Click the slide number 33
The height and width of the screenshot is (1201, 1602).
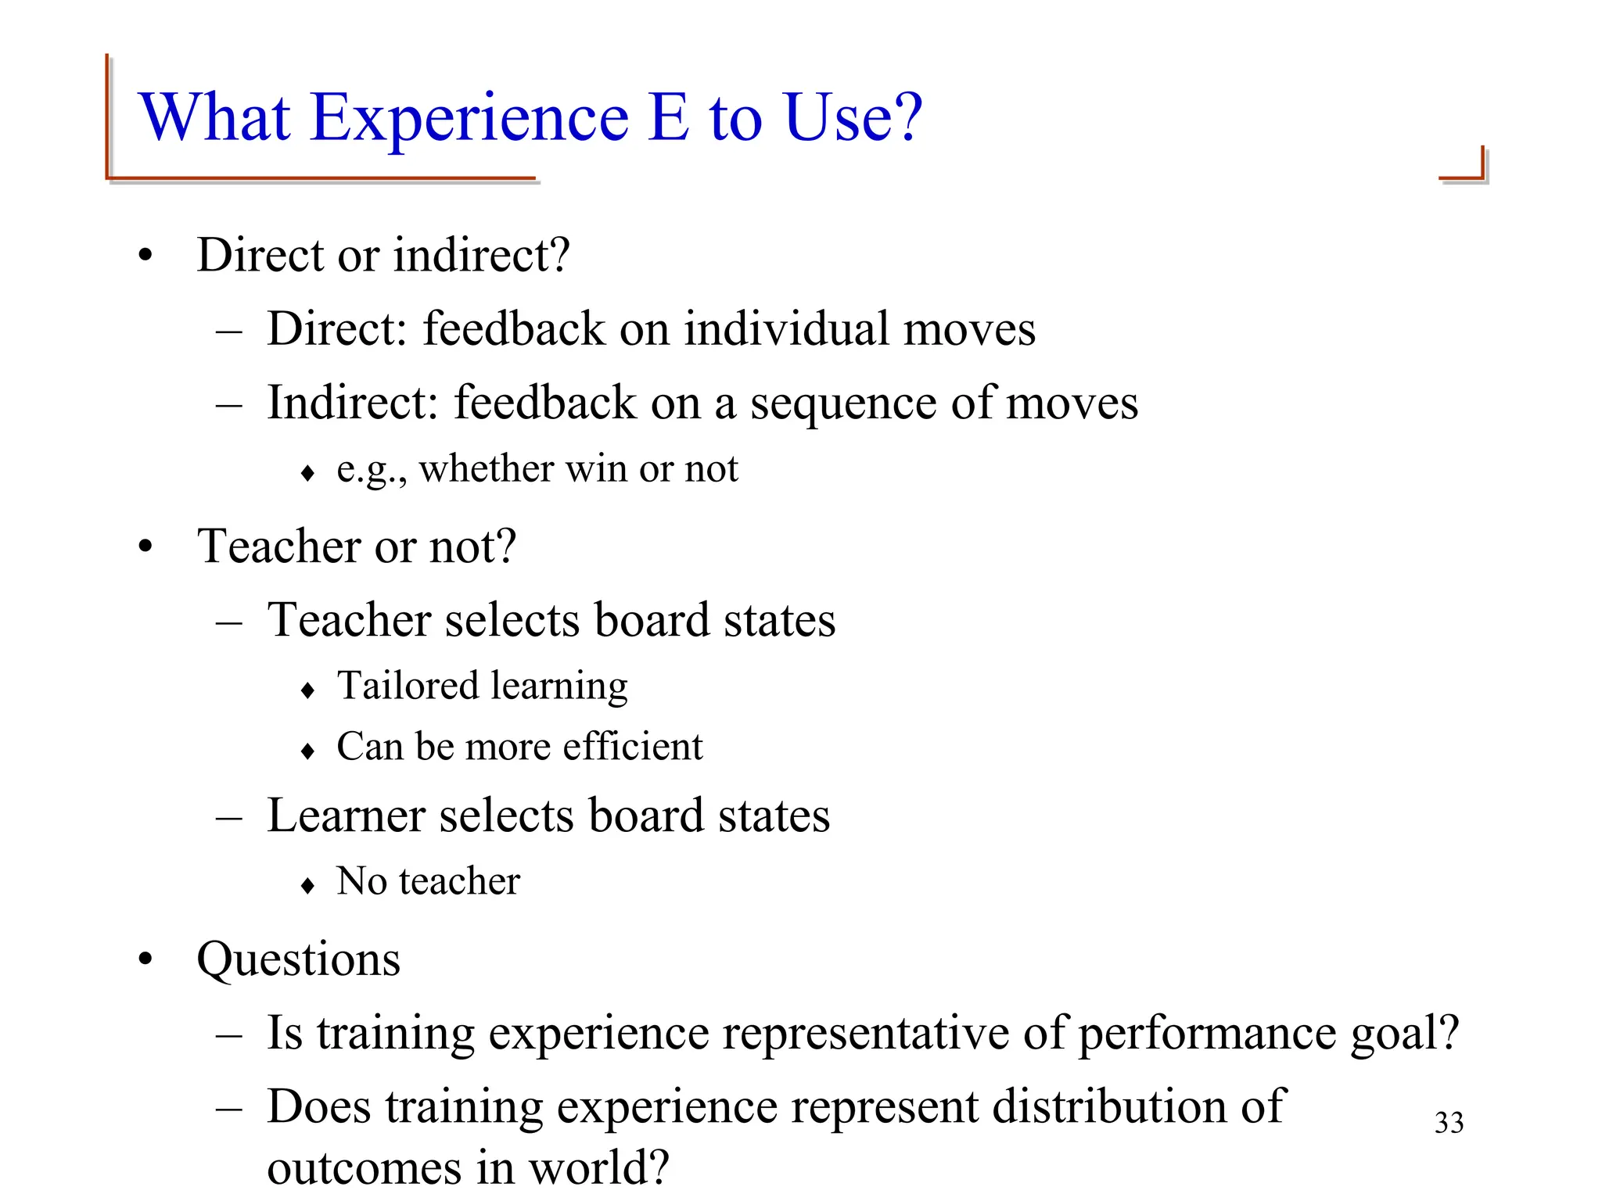pyautogui.click(x=1449, y=1123)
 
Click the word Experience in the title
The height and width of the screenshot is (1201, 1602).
pyautogui.click(x=469, y=119)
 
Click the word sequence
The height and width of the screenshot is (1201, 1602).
pyautogui.click(x=843, y=403)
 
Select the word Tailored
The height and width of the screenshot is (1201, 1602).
pyautogui.click(x=407, y=686)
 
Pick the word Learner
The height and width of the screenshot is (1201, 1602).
pyautogui.click(x=347, y=816)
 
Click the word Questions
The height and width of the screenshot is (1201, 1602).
pyautogui.click(x=299, y=959)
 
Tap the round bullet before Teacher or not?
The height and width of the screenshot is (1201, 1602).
pyautogui.click(x=145, y=547)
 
